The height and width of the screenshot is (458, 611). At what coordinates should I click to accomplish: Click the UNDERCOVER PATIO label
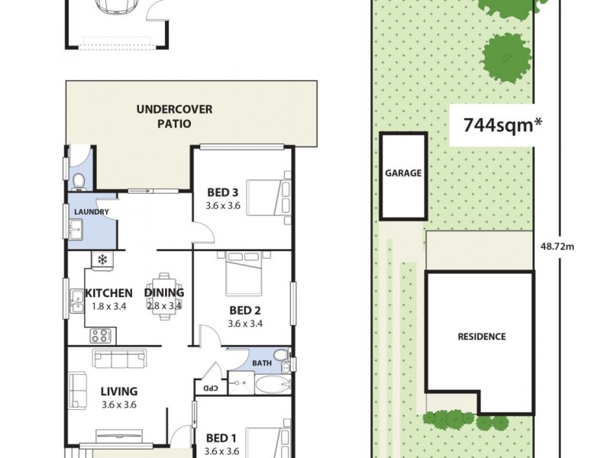tap(174, 116)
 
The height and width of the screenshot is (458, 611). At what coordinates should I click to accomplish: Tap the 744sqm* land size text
tap(497, 124)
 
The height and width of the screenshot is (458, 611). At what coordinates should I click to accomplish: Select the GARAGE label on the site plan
tap(402, 173)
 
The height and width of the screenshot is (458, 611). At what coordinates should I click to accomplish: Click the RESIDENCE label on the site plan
tap(481, 337)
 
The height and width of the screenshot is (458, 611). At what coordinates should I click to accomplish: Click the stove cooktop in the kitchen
tap(101, 334)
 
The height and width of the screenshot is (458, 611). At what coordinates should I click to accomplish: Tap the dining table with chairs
tap(165, 293)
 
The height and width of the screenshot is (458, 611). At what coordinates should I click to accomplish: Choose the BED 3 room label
tap(223, 192)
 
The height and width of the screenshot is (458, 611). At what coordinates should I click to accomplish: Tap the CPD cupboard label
tap(207, 388)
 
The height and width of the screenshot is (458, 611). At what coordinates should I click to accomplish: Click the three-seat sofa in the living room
tap(119, 358)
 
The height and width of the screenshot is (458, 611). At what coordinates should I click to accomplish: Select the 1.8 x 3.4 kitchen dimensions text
tap(108, 306)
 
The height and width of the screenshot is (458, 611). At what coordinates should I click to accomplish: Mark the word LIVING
tap(118, 392)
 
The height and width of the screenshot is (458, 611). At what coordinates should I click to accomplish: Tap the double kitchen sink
tap(77, 302)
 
